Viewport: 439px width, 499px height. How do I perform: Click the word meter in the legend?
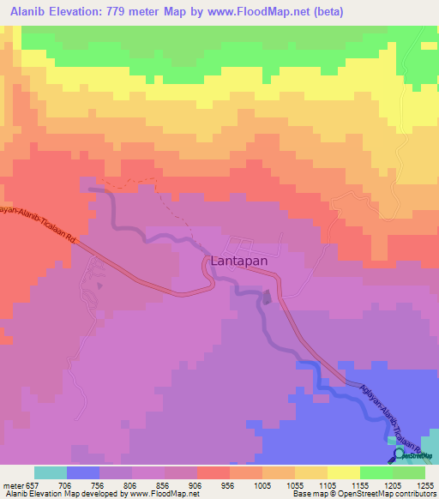(11, 484)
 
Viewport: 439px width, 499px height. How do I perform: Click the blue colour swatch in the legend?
(82, 472)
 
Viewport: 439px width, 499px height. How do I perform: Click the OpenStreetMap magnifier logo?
(400, 454)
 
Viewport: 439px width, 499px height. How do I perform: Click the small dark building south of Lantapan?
(266, 298)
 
